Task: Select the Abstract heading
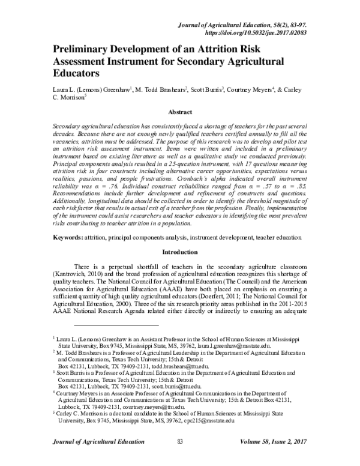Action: [x=180, y=112]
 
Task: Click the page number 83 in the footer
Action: [x=180, y=458]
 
